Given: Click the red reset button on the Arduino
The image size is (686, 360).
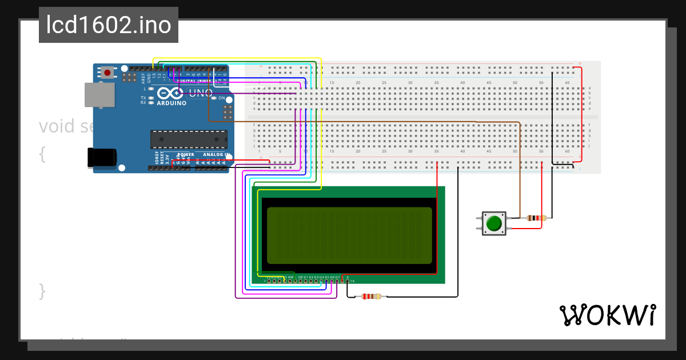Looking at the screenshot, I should (x=107, y=72).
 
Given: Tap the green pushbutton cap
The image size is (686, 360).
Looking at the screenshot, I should (x=494, y=223).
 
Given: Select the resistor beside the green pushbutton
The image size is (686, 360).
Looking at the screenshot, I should (x=536, y=218).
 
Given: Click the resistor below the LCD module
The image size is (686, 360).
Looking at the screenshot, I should (x=372, y=296).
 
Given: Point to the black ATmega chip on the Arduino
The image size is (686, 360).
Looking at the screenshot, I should (x=188, y=139).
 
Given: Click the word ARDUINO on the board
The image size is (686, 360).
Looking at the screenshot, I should (x=171, y=103).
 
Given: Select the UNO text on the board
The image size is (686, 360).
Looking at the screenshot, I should (x=201, y=93).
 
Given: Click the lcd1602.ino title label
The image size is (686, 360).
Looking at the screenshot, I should (x=109, y=26).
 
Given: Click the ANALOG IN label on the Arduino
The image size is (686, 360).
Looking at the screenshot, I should (x=217, y=155).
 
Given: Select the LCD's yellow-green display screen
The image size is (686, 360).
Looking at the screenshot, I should (x=349, y=235).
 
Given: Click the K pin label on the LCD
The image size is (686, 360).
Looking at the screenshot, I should (x=348, y=277).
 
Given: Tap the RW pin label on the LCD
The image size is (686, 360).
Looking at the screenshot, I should (x=290, y=277).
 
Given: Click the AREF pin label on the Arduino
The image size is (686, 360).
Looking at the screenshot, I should (x=143, y=78).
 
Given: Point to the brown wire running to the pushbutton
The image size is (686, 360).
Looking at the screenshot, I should (x=520, y=171).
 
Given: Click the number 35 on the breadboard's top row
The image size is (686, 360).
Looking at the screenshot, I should (x=436, y=83).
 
